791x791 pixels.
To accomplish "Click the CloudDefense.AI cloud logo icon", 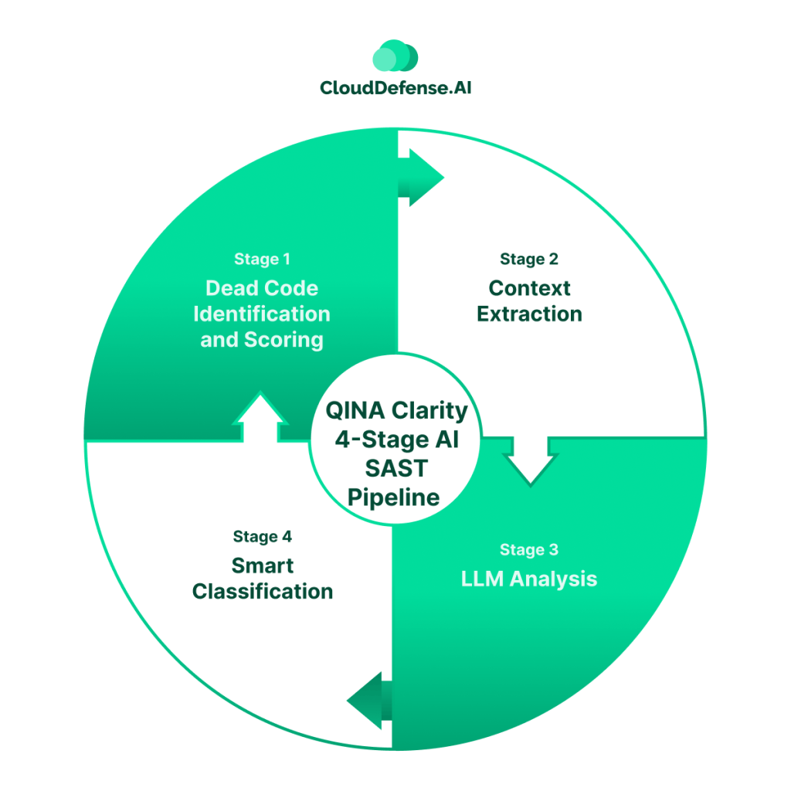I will (x=395, y=57).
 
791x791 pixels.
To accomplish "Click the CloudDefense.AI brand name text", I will (x=395, y=88).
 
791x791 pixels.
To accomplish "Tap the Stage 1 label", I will (x=263, y=259).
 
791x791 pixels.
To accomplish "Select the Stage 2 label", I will (x=529, y=259).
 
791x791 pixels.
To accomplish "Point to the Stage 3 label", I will (x=529, y=550).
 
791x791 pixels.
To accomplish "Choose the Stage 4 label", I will (x=263, y=537).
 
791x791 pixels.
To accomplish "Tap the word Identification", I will (x=262, y=314).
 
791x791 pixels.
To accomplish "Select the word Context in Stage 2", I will (x=529, y=288).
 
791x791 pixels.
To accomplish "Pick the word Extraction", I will (x=529, y=314).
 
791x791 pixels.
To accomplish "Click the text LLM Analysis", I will (x=529, y=579).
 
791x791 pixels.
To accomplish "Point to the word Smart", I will (x=263, y=565).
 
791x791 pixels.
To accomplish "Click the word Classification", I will (x=263, y=592).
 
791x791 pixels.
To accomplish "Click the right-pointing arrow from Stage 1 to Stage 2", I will (x=421, y=178).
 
